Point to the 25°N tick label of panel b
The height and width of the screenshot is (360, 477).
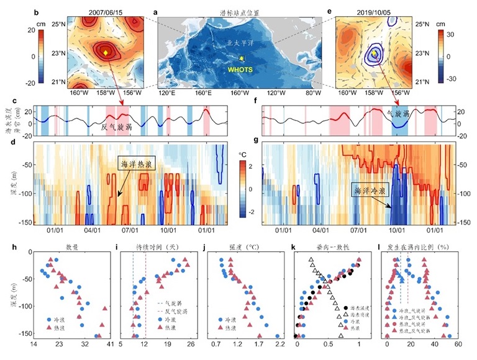[x=58, y=24]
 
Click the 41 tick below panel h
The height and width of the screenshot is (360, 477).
[x=110, y=343]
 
